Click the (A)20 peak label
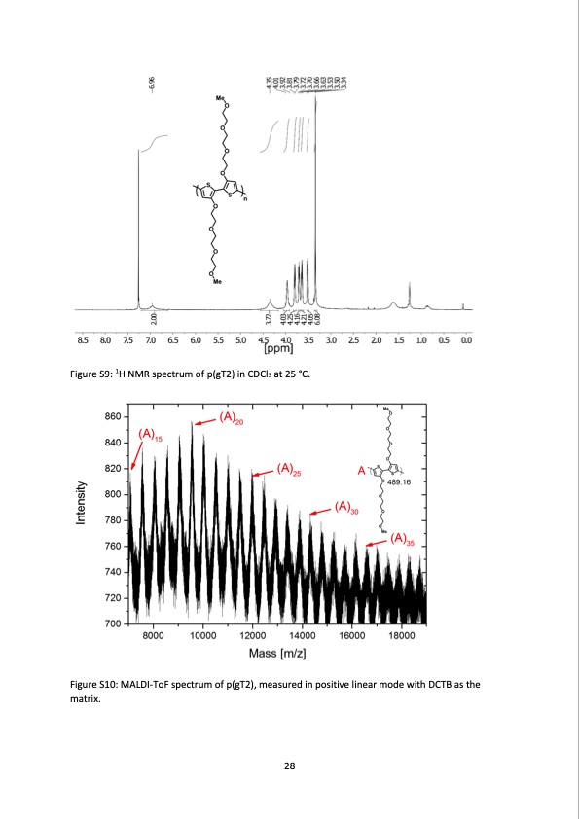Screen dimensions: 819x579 point(232,418)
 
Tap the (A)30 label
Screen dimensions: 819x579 point(346,507)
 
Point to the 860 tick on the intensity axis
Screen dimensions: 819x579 point(113,417)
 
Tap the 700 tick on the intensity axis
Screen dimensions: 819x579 point(113,623)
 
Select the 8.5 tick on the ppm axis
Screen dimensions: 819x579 point(84,339)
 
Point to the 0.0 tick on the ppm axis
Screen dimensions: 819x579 point(466,339)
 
